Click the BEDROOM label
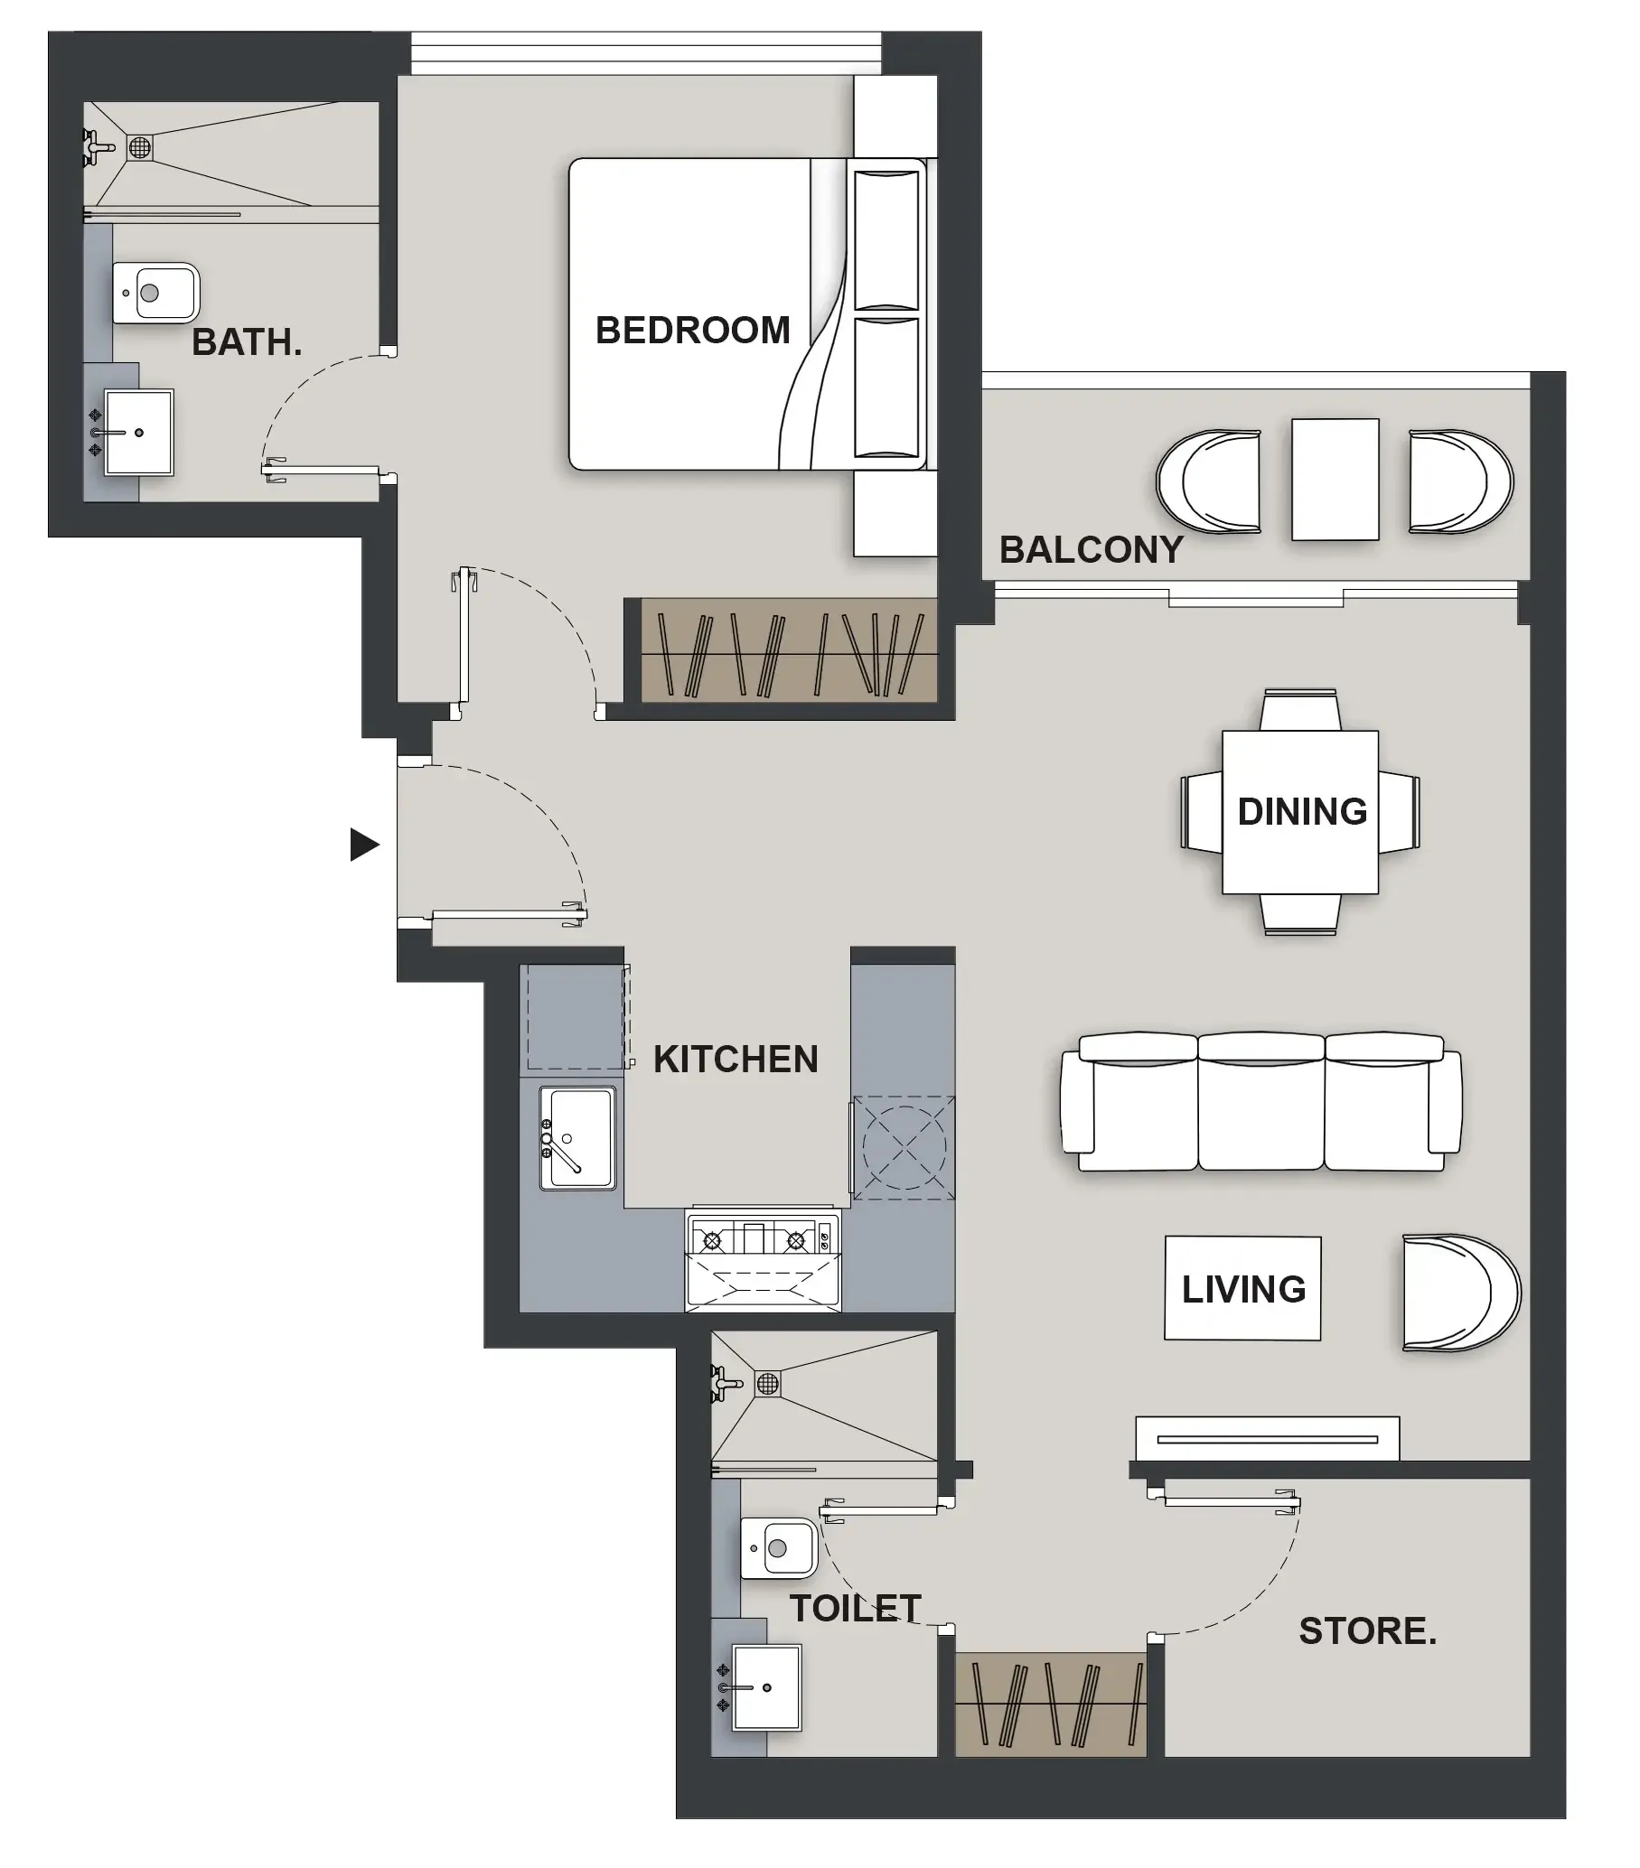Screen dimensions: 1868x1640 coord(692,330)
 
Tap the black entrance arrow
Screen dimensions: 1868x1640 coord(363,845)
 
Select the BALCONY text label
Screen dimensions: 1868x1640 coord(1091,550)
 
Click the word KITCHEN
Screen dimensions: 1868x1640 coord(735,1060)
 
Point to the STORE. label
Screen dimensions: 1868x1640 coord(1366,1630)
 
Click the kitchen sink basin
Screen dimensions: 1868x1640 coord(576,1137)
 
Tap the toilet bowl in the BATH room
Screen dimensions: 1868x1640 coord(155,294)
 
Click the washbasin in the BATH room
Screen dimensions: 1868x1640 coord(138,433)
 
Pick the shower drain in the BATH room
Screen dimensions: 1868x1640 coord(140,147)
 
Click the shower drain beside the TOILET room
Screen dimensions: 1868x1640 coord(768,1384)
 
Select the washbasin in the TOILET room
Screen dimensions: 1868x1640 coord(766,1687)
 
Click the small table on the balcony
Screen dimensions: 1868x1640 coord(1334,480)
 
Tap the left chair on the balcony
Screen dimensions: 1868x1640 coord(1208,481)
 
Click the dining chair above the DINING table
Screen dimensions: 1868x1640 coord(1300,710)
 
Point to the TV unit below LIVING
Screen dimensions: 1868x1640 coord(1267,1438)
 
